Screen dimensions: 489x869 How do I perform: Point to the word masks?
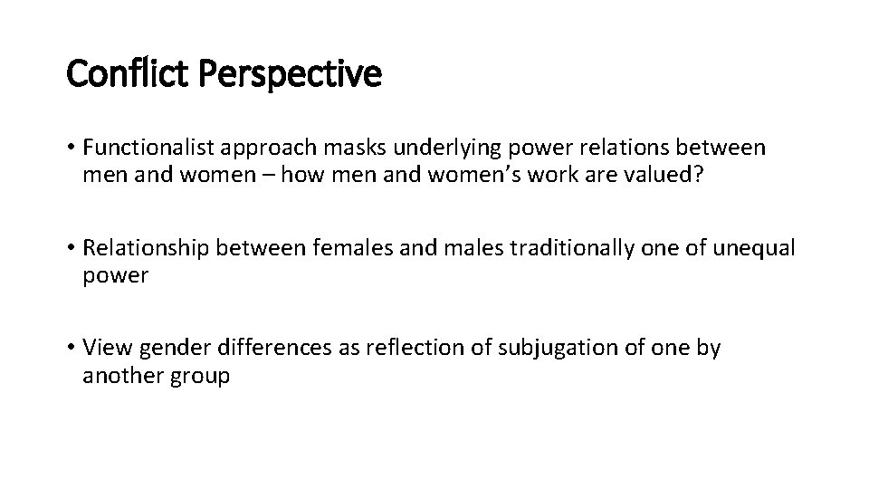(x=367, y=147)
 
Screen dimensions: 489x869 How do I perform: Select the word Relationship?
(x=146, y=248)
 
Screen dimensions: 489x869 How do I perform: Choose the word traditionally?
(x=571, y=248)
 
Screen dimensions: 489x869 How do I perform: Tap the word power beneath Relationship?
(x=115, y=275)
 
